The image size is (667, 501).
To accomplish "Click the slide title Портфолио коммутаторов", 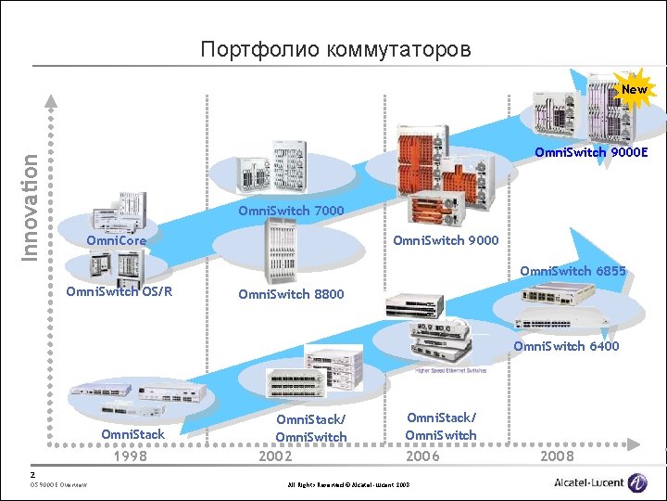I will (335, 48).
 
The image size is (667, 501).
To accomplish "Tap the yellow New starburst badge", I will (635, 90).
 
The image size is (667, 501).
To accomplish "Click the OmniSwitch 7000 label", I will (291, 211).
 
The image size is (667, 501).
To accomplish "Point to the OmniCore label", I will (116, 241).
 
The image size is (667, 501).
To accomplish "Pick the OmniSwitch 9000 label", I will (446, 241).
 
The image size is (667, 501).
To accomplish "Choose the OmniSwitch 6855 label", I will (573, 271).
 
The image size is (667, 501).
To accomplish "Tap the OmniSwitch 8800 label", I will (291, 294).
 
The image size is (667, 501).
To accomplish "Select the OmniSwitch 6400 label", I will (566, 346).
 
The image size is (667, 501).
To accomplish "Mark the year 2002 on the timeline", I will (274, 456).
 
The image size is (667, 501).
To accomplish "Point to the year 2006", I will (424, 456).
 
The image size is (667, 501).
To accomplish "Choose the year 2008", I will (557, 456).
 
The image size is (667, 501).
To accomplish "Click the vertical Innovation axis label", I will (31, 207).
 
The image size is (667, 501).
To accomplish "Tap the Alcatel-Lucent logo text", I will (589, 482).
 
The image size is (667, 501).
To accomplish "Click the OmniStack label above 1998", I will (132, 434).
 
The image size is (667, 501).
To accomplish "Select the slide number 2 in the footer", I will (33, 472).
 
